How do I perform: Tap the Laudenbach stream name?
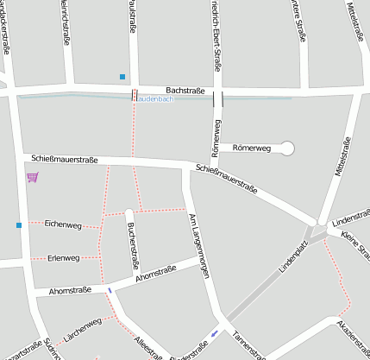click(x=156, y=99)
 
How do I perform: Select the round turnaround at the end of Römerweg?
click(x=287, y=148)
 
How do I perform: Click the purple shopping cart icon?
click(x=32, y=177)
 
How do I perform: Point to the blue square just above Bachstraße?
click(x=122, y=77)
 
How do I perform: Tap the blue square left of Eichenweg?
click(x=18, y=225)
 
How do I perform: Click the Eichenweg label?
click(x=63, y=224)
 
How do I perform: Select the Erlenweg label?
click(x=64, y=257)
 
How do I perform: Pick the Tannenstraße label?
click(x=251, y=346)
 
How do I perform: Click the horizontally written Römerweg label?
click(x=252, y=148)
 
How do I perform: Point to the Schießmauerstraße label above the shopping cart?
click(x=65, y=159)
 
